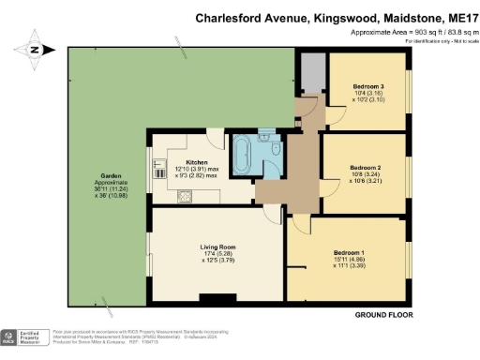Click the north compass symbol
click(x=35, y=50)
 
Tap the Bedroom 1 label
click(x=349, y=253)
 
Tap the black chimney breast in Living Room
click(x=218, y=299)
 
